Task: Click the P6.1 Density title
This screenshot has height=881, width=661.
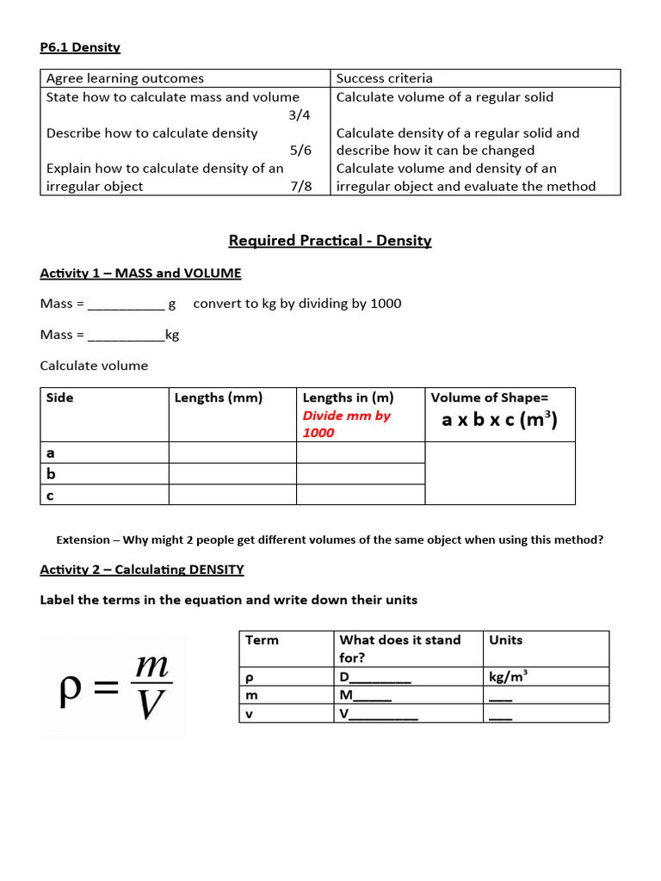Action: pos(80,47)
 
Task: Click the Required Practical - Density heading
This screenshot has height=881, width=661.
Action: pos(330,240)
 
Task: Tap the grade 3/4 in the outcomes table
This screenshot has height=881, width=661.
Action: pos(300,115)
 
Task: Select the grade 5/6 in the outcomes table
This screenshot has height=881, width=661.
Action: pos(300,151)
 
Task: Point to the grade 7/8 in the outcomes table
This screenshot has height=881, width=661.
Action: pos(300,186)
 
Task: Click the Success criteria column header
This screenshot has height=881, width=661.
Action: pos(384,78)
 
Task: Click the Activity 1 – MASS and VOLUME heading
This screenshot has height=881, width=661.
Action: pos(140,273)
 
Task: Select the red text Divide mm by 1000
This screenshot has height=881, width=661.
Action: pos(346,424)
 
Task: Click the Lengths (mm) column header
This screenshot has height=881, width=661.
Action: pos(219,397)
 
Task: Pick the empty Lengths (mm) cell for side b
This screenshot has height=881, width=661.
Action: pos(232,473)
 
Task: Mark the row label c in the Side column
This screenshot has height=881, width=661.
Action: pos(50,495)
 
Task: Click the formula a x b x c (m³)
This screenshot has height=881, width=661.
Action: pos(499,420)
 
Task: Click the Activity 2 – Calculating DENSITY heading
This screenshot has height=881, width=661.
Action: pos(142,569)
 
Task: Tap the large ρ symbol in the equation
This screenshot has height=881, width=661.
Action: pos(71,690)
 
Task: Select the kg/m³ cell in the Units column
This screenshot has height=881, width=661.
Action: pos(508,676)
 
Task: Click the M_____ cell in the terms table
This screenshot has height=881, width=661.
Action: pos(366,695)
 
